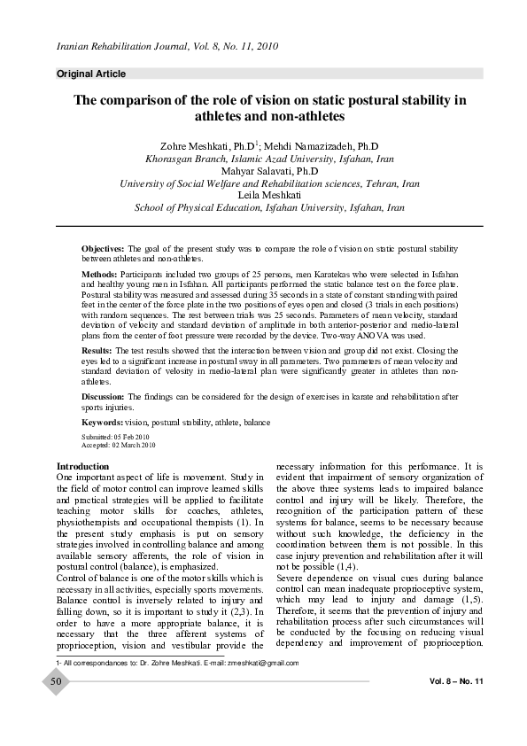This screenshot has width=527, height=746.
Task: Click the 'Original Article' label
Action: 91,74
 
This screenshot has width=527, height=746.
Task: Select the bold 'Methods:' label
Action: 100,276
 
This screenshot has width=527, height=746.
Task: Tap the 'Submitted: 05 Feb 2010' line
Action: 115,438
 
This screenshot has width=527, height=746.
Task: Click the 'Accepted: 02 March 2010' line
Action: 118,446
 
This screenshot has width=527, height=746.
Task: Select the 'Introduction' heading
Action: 83,466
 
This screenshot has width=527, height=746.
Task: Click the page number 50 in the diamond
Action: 56,681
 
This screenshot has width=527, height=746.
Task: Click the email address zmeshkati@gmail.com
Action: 263,663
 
